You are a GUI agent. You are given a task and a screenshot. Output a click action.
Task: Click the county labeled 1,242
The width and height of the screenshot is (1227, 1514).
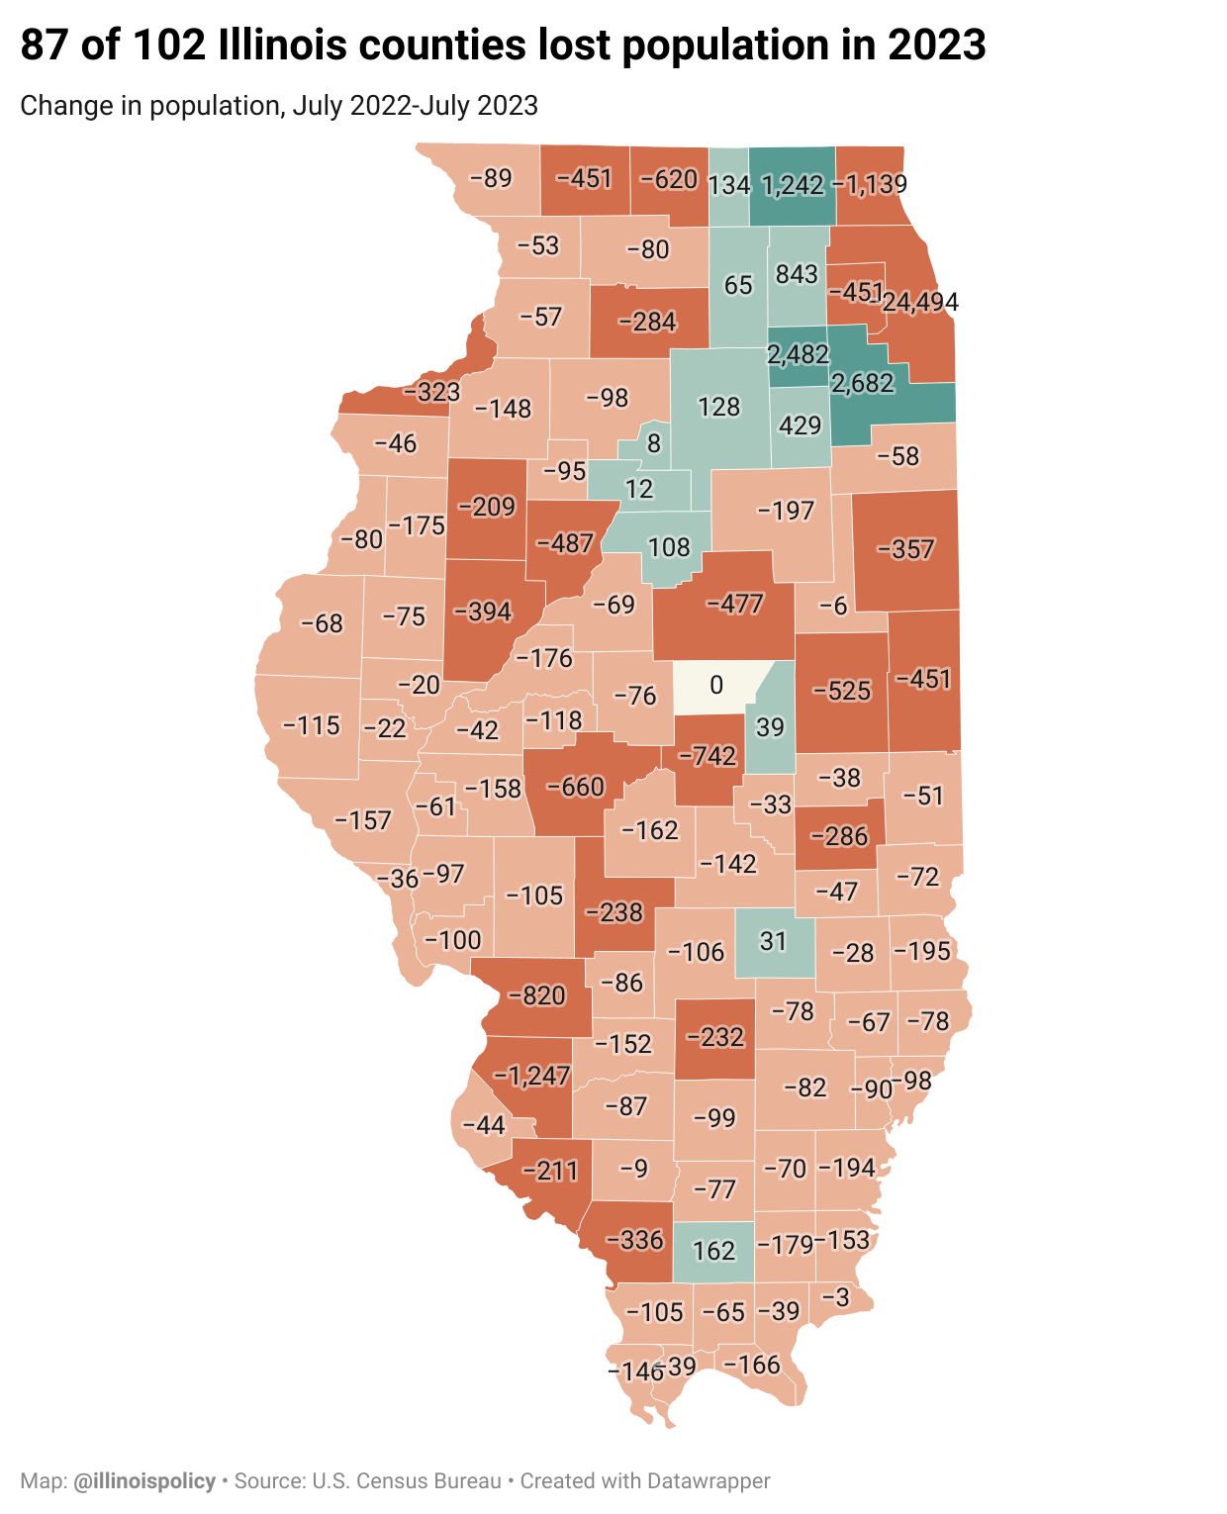793,185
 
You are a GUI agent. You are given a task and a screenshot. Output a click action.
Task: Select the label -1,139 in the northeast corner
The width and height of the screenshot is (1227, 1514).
870,183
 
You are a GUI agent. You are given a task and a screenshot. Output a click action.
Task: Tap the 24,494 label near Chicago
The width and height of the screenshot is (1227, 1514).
920,302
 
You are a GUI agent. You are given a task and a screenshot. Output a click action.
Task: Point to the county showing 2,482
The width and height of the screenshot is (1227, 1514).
798,353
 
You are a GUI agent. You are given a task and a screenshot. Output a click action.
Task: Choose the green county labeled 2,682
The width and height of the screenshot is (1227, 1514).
863,384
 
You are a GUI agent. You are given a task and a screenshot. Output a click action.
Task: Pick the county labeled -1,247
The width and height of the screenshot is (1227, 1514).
532,1076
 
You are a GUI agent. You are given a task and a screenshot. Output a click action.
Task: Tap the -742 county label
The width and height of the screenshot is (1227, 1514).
708,756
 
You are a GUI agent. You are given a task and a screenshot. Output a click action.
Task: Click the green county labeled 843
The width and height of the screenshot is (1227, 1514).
797,274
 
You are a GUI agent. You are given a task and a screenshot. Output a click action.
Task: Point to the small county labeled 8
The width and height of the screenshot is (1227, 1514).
653,443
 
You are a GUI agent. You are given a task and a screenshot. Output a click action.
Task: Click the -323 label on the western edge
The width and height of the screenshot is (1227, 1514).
431,392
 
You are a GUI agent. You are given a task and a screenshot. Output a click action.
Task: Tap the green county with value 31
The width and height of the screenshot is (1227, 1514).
773,940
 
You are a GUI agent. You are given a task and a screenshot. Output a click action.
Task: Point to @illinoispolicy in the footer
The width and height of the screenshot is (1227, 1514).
144,1481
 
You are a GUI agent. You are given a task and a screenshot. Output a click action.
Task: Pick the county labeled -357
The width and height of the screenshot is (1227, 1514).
905,549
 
